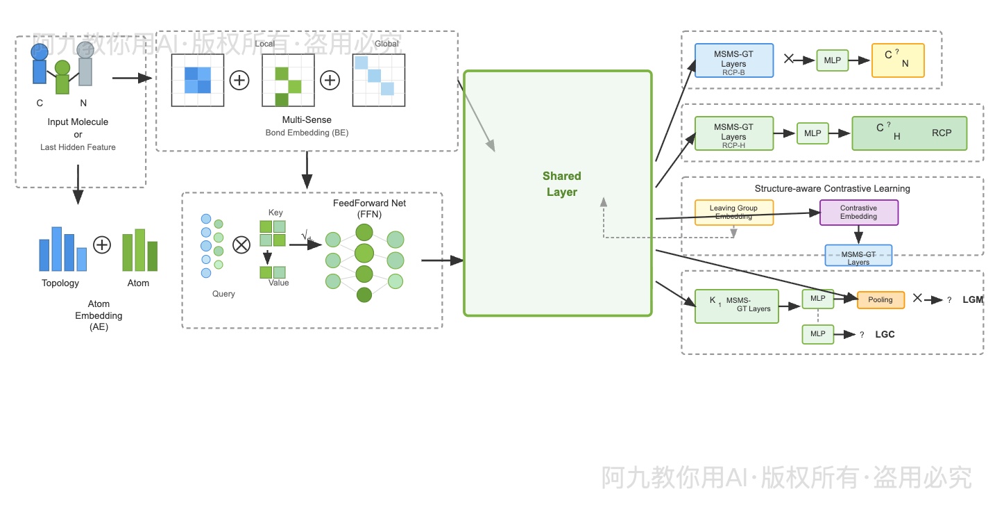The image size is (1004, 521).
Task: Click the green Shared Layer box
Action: (558, 193)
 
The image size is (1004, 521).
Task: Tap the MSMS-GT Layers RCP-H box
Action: (734, 133)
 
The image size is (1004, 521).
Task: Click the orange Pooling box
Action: (881, 300)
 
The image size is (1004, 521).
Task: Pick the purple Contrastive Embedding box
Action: (859, 213)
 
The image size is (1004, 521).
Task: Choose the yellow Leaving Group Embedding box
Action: (734, 213)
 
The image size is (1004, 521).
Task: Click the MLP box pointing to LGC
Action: (818, 334)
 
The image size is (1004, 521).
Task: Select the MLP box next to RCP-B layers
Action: (833, 60)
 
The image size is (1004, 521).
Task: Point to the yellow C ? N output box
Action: (899, 60)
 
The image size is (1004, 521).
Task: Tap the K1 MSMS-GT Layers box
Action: (737, 306)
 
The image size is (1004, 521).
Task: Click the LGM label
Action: (973, 300)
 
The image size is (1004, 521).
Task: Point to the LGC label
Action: (885, 334)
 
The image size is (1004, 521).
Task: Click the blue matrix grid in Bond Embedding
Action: (198, 81)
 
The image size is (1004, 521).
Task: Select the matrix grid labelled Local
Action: (288, 81)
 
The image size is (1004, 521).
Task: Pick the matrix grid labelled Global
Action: (378, 81)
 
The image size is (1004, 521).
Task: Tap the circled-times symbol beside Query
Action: (241, 245)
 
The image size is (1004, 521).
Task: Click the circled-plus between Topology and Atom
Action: (102, 245)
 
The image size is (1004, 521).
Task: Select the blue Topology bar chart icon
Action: (63, 249)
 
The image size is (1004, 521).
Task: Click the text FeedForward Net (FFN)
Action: (369, 208)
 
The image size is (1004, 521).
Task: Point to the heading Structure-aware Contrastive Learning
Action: (832, 189)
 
